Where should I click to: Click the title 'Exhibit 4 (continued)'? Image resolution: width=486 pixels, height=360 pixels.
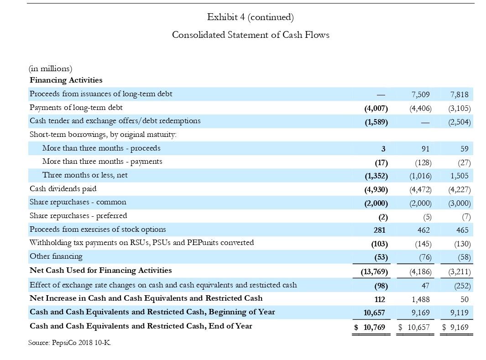[250, 17]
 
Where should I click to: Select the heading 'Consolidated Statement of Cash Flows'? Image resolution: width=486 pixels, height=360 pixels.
[251, 35]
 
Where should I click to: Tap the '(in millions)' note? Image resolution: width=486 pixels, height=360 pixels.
[51, 69]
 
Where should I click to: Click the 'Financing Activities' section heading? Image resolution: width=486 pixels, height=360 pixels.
[66, 80]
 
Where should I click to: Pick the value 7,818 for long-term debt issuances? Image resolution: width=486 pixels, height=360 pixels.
[459, 95]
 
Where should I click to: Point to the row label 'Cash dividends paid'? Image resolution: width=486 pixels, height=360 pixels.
[63, 189]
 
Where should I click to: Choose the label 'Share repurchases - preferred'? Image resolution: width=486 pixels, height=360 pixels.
[78, 216]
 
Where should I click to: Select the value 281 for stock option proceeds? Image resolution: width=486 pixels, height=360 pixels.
[379, 230]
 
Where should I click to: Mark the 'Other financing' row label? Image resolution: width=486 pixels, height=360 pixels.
[56, 256]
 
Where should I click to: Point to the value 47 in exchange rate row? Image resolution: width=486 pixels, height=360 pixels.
[425, 286]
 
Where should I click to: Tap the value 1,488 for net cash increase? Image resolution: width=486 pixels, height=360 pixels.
[420, 300]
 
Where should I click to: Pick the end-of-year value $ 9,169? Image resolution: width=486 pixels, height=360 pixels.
[456, 327]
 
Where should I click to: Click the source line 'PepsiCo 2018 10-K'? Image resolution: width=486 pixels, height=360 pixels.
[69, 343]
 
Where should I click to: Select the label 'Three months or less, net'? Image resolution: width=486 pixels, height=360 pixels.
[85, 175]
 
